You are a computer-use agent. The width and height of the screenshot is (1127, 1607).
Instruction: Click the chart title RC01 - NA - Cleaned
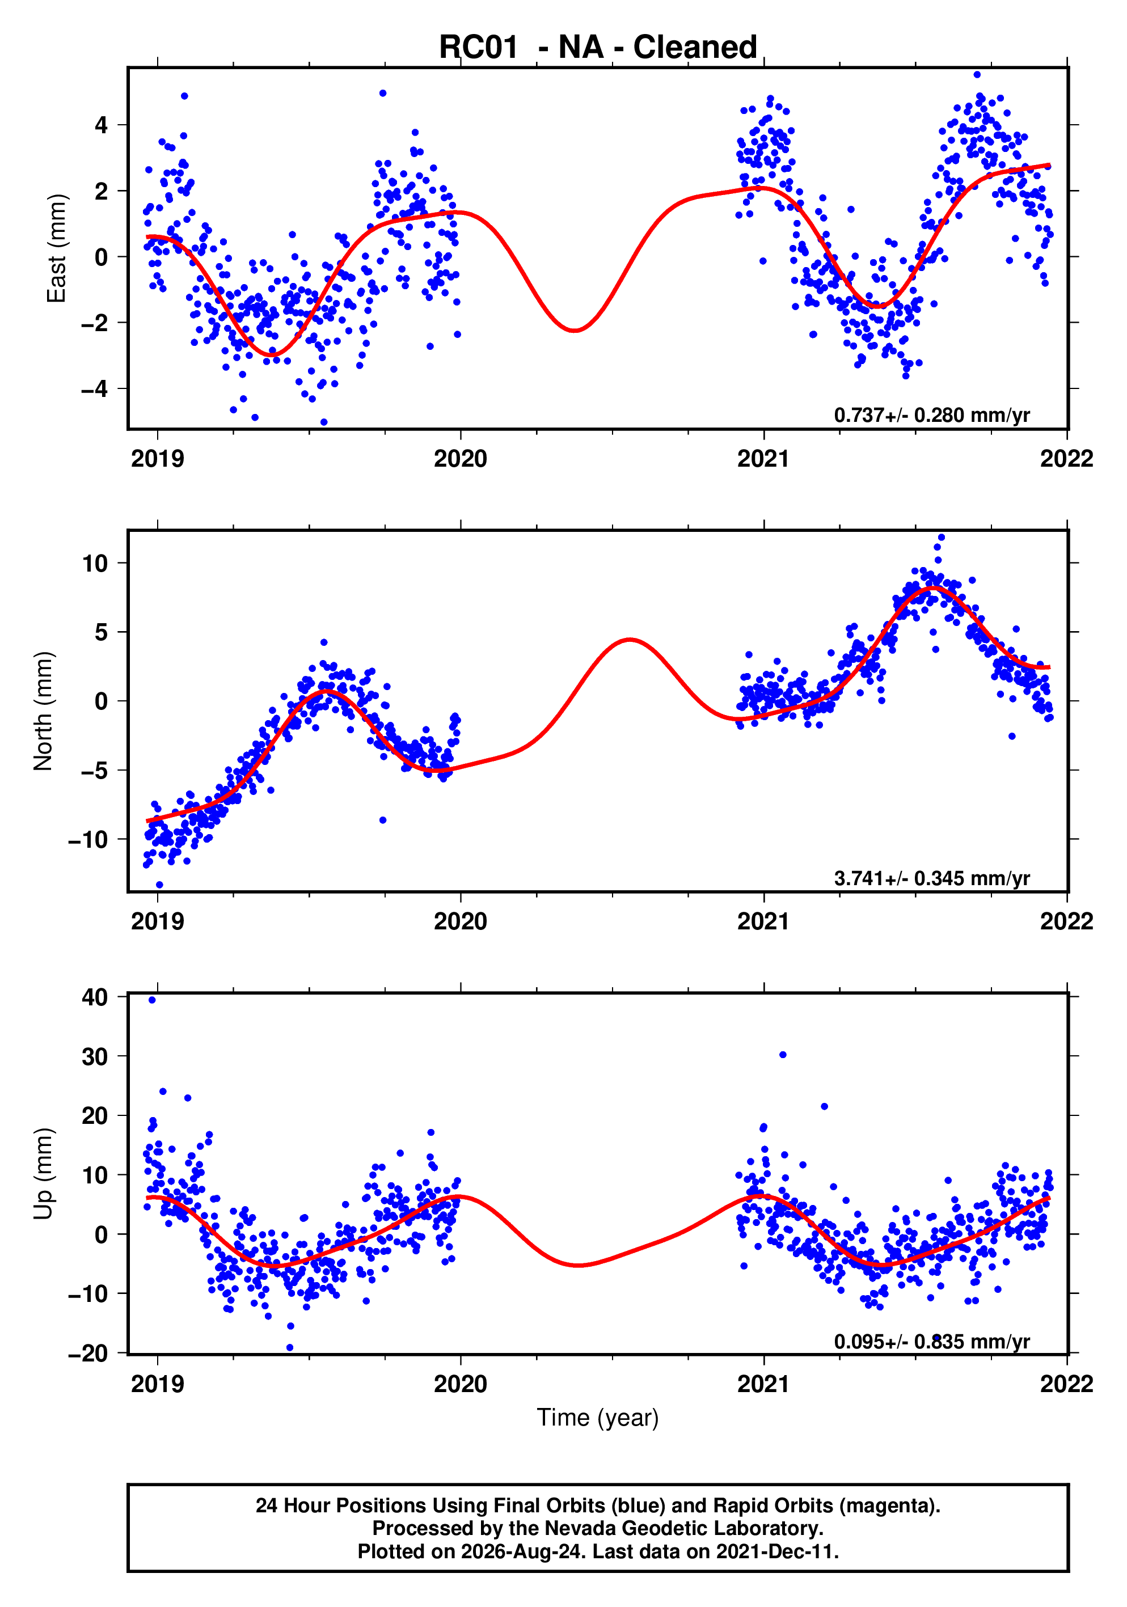tap(597, 48)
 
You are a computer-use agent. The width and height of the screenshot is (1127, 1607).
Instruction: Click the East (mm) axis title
tap(56, 248)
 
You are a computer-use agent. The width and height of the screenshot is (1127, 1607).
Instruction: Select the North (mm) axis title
tap(44, 711)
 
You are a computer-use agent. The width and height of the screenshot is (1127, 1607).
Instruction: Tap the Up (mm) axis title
tap(44, 1174)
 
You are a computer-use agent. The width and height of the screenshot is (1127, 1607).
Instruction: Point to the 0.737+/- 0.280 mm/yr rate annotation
tap(932, 415)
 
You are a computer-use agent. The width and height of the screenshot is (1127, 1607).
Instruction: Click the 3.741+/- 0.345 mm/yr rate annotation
tap(932, 878)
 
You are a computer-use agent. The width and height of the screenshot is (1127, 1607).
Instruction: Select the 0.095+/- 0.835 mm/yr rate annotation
tap(932, 1341)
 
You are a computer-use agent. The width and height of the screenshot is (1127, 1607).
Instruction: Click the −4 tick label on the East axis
tap(95, 388)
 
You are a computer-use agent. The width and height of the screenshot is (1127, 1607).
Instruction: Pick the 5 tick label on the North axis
tap(102, 632)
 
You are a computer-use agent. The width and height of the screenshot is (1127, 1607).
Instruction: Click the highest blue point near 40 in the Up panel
tap(152, 1000)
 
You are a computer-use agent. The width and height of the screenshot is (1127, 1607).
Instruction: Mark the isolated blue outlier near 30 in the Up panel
tap(783, 1055)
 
